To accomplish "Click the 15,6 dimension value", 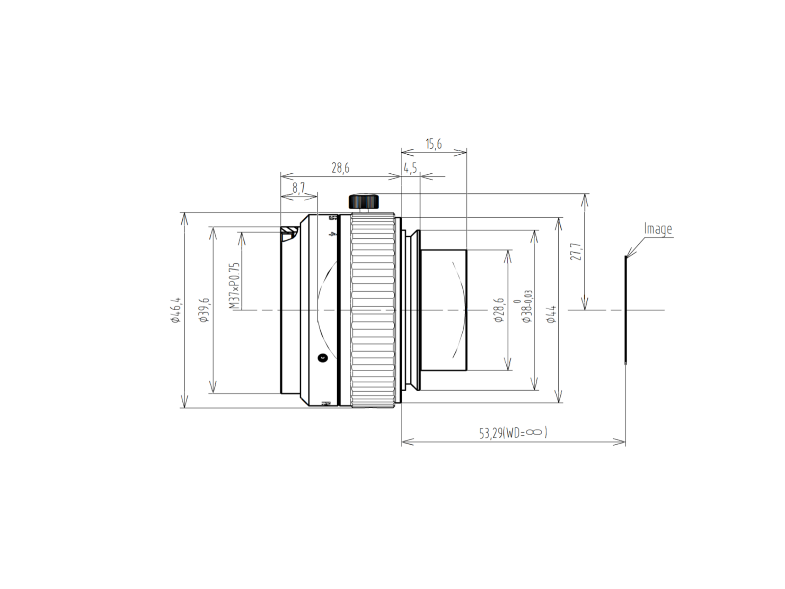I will (x=433, y=144).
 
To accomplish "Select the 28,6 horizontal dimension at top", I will (x=340, y=168).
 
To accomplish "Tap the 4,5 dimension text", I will (x=410, y=168).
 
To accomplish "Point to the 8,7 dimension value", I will (x=298, y=188).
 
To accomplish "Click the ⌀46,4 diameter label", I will (x=176, y=310).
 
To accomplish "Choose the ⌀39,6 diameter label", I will (x=204, y=310).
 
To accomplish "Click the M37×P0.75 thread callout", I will (x=234, y=286).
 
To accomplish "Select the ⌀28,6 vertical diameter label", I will (x=499, y=310).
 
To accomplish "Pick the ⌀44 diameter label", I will (x=552, y=314).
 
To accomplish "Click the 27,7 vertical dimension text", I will (x=576, y=252).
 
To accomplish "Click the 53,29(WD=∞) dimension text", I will (x=513, y=433).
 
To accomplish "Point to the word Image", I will (x=657, y=229).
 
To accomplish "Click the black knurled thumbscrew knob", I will (x=363, y=202).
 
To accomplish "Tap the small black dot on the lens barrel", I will (x=322, y=357).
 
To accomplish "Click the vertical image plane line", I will (x=626, y=310).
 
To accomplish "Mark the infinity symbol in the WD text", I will (x=534, y=432).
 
